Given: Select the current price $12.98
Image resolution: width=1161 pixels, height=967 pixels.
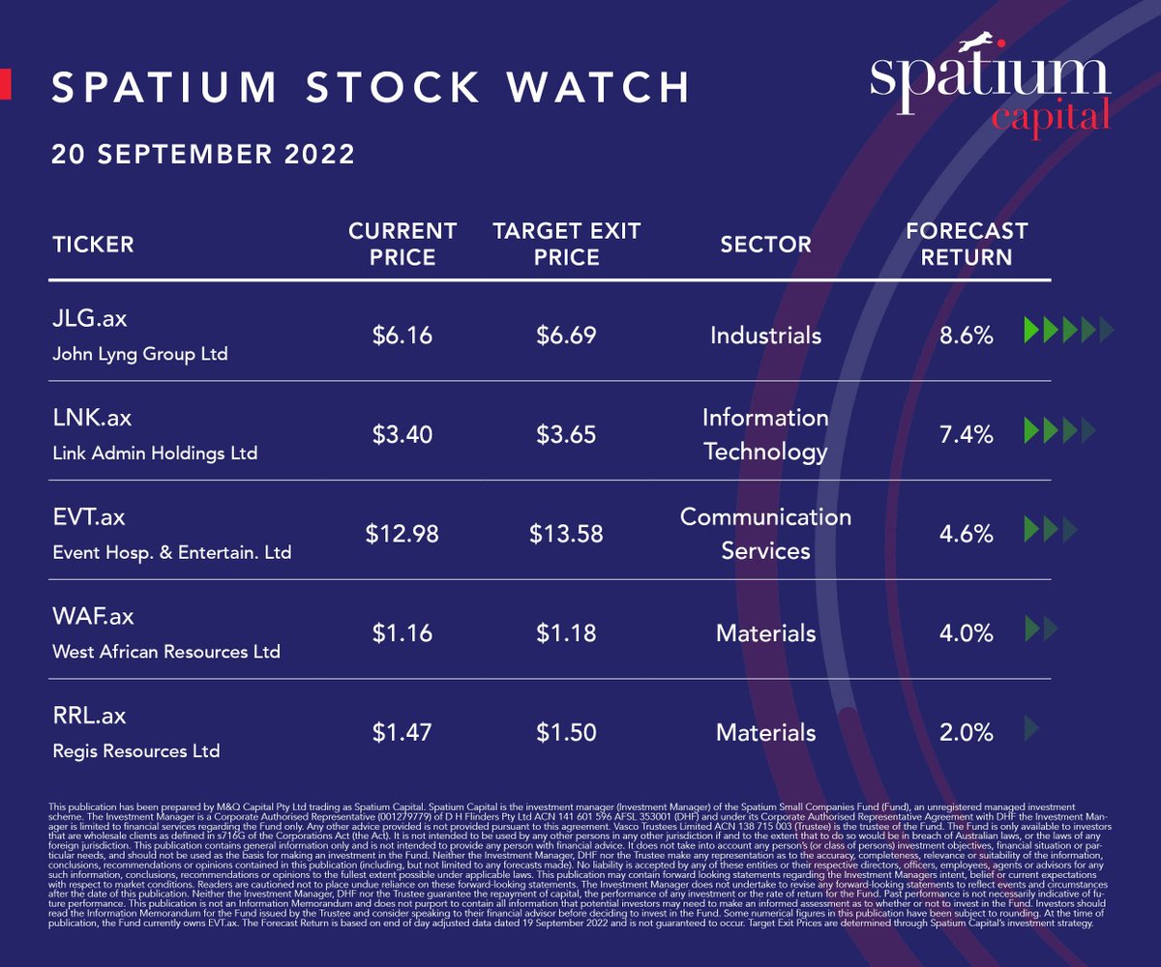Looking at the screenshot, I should point(402,534).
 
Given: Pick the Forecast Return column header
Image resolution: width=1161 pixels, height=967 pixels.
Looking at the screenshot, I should point(967,245).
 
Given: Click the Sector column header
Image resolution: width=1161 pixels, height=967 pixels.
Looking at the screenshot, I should point(765,245).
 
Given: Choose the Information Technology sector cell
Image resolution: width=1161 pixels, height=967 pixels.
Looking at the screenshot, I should point(765,435).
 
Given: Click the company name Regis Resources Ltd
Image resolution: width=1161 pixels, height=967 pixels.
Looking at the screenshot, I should point(136,750).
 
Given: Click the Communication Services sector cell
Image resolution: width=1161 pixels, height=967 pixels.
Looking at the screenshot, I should point(765,534).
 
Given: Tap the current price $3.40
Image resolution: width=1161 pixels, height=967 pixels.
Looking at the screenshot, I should point(402,435).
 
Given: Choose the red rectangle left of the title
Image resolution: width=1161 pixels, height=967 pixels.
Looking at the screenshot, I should point(5,83).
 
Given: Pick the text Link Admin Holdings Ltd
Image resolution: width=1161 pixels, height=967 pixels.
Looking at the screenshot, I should point(155,453).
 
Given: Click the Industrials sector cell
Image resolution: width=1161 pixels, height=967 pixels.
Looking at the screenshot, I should point(765,336).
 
